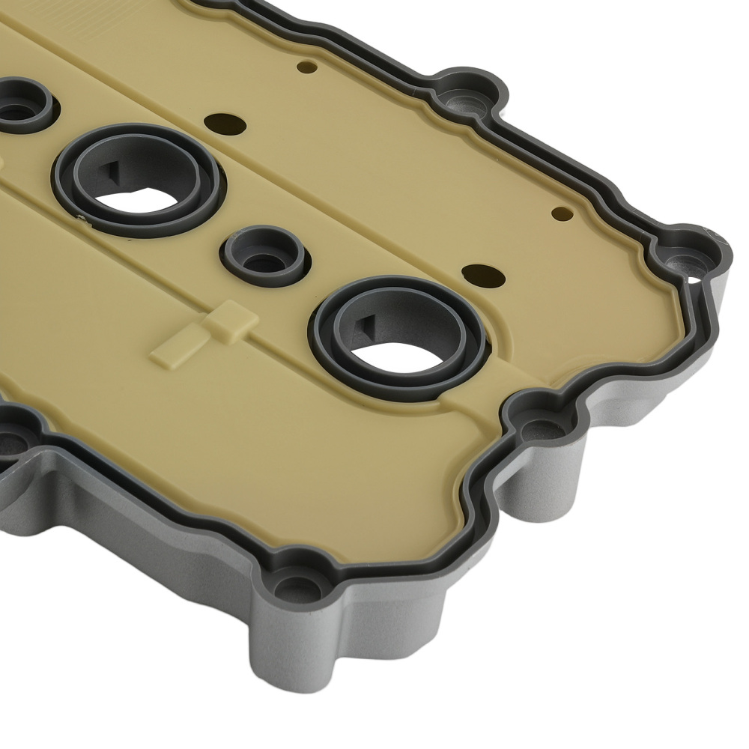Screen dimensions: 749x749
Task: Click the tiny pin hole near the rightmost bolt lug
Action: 559,213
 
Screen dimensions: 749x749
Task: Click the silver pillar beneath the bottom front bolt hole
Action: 300,659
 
